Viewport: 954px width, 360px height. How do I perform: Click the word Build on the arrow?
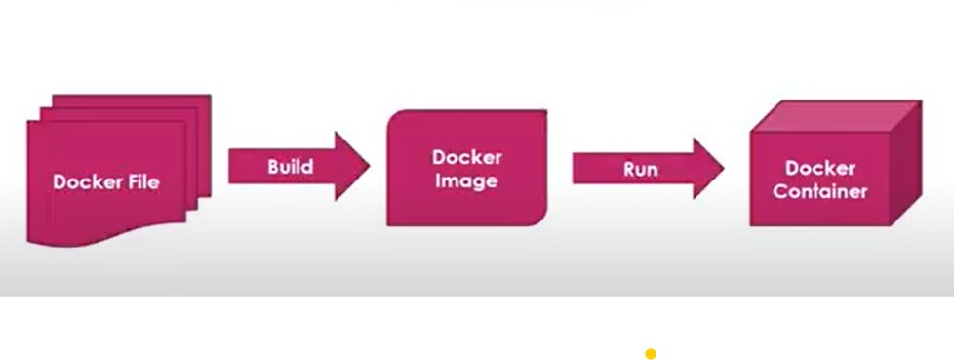point(290,167)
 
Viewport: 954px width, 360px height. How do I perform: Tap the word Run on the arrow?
point(640,169)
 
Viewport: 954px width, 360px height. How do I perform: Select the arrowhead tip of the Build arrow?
point(368,167)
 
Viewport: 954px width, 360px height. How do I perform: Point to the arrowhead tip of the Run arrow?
point(722,168)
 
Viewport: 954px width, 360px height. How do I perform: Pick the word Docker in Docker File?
point(85,181)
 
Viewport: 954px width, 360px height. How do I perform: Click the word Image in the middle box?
point(466,181)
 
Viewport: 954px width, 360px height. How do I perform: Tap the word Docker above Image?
point(466,158)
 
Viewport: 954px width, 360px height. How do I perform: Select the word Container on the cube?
point(819,192)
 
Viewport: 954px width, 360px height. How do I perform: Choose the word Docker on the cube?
point(819,169)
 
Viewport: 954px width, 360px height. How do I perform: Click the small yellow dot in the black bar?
point(650,353)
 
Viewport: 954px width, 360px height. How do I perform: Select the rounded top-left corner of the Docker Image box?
point(394,118)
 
